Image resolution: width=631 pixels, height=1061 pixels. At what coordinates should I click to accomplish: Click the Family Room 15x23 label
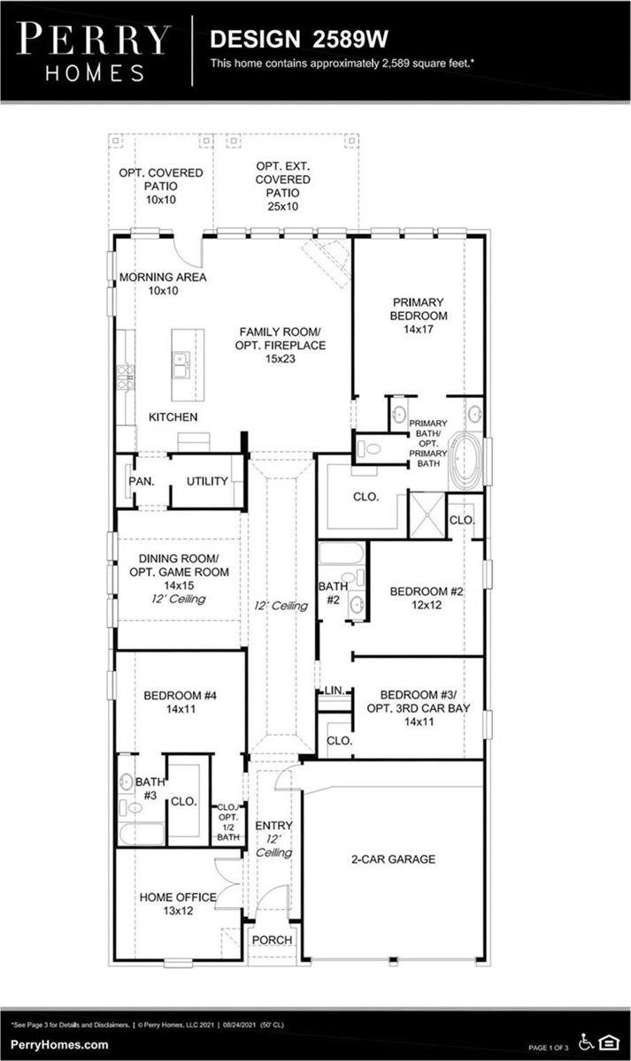pyautogui.click(x=281, y=345)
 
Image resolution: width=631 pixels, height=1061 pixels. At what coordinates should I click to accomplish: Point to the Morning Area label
pyautogui.click(x=163, y=284)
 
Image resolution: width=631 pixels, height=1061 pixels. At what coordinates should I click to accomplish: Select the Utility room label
pyautogui.click(x=207, y=482)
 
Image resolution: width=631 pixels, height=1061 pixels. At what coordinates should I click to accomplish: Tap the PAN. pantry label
pyautogui.click(x=142, y=482)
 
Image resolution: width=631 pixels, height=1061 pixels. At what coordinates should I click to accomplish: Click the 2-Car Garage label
pyautogui.click(x=391, y=859)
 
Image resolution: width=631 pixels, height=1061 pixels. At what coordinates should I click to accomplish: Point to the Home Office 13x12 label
pyautogui.click(x=177, y=904)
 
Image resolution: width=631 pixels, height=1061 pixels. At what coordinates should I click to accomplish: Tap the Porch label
pyautogui.click(x=273, y=940)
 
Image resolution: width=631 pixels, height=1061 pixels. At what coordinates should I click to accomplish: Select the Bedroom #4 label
pyautogui.click(x=181, y=702)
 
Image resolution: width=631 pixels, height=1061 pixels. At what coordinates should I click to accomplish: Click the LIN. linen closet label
pyautogui.click(x=334, y=690)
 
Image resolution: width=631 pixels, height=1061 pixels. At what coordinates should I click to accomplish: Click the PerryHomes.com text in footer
pyautogui.click(x=60, y=1044)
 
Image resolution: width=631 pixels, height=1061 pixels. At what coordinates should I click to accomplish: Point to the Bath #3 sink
pyautogui.click(x=126, y=782)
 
